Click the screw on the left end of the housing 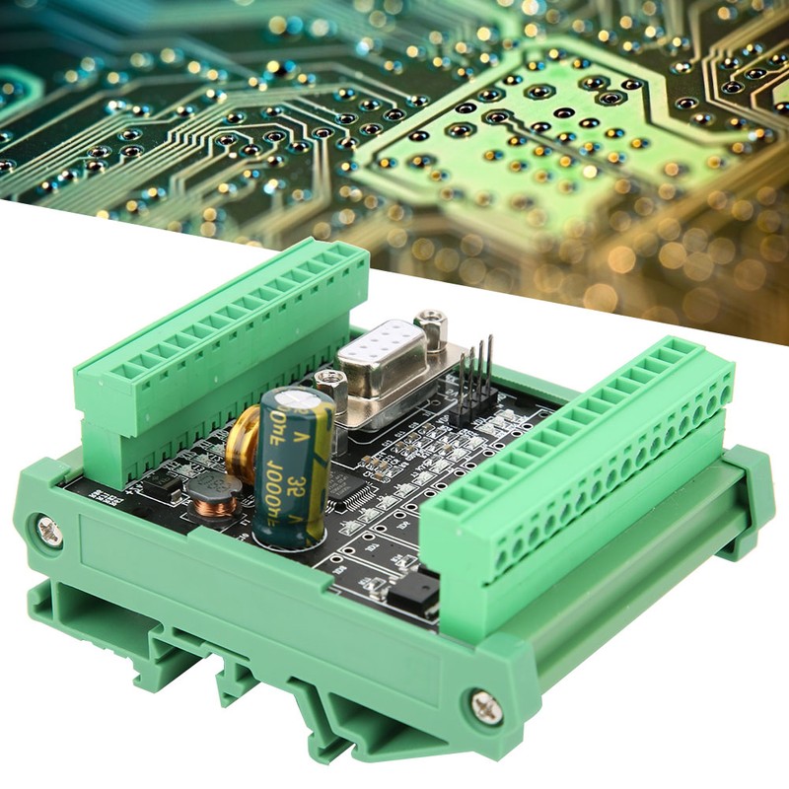[x=47, y=531]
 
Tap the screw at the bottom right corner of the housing [x=484, y=706]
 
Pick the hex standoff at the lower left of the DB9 [x=332, y=385]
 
